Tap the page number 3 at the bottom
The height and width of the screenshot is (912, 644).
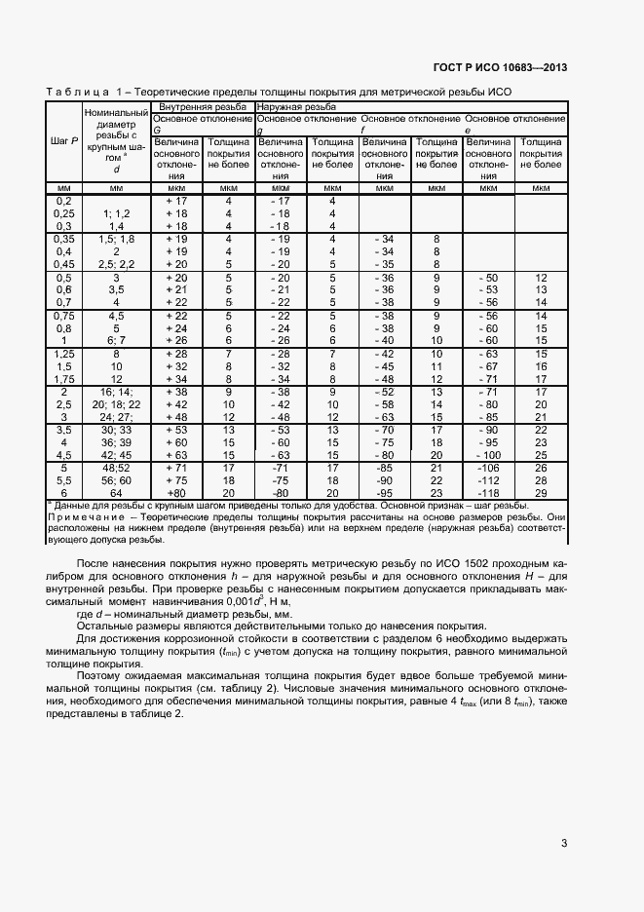click(564, 844)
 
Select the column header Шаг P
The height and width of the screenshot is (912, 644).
click(64, 141)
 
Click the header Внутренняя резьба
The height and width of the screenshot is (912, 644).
click(195, 106)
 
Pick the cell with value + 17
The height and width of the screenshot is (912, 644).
click(176, 201)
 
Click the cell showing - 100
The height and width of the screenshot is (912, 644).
click(488, 455)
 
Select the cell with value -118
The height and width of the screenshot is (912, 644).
click(488, 493)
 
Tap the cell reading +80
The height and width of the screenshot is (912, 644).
click(176, 493)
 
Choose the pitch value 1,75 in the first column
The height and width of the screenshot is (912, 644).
click(64, 379)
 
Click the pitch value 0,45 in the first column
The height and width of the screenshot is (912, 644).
click(64, 264)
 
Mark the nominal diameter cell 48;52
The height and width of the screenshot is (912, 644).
click(116, 468)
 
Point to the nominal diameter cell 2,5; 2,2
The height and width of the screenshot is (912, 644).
click(116, 264)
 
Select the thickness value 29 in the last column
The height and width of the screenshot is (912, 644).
click(541, 493)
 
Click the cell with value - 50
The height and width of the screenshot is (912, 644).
click(488, 278)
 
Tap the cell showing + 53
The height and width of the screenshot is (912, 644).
click(176, 430)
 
